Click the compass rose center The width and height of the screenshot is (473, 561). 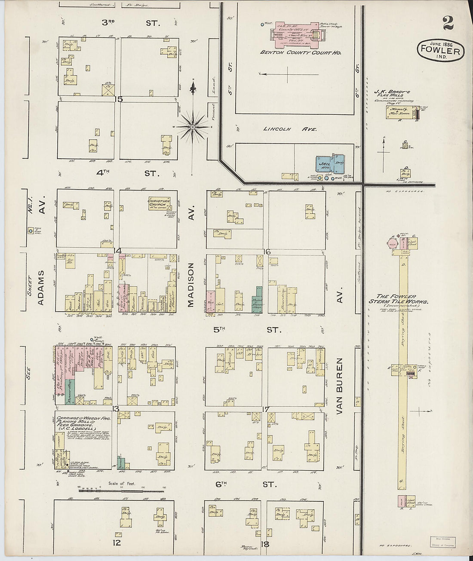click(x=193, y=127)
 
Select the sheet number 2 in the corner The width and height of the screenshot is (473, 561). click(x=448, y=23)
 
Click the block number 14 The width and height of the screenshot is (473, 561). click(x=117, y=251)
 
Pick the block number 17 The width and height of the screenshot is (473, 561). click(x=265, y=409)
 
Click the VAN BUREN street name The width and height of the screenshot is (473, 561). click(x=340, y=386)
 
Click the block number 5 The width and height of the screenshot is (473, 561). click(x=120, y=100)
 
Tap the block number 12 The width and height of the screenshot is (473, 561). click(x=117, y=543)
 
